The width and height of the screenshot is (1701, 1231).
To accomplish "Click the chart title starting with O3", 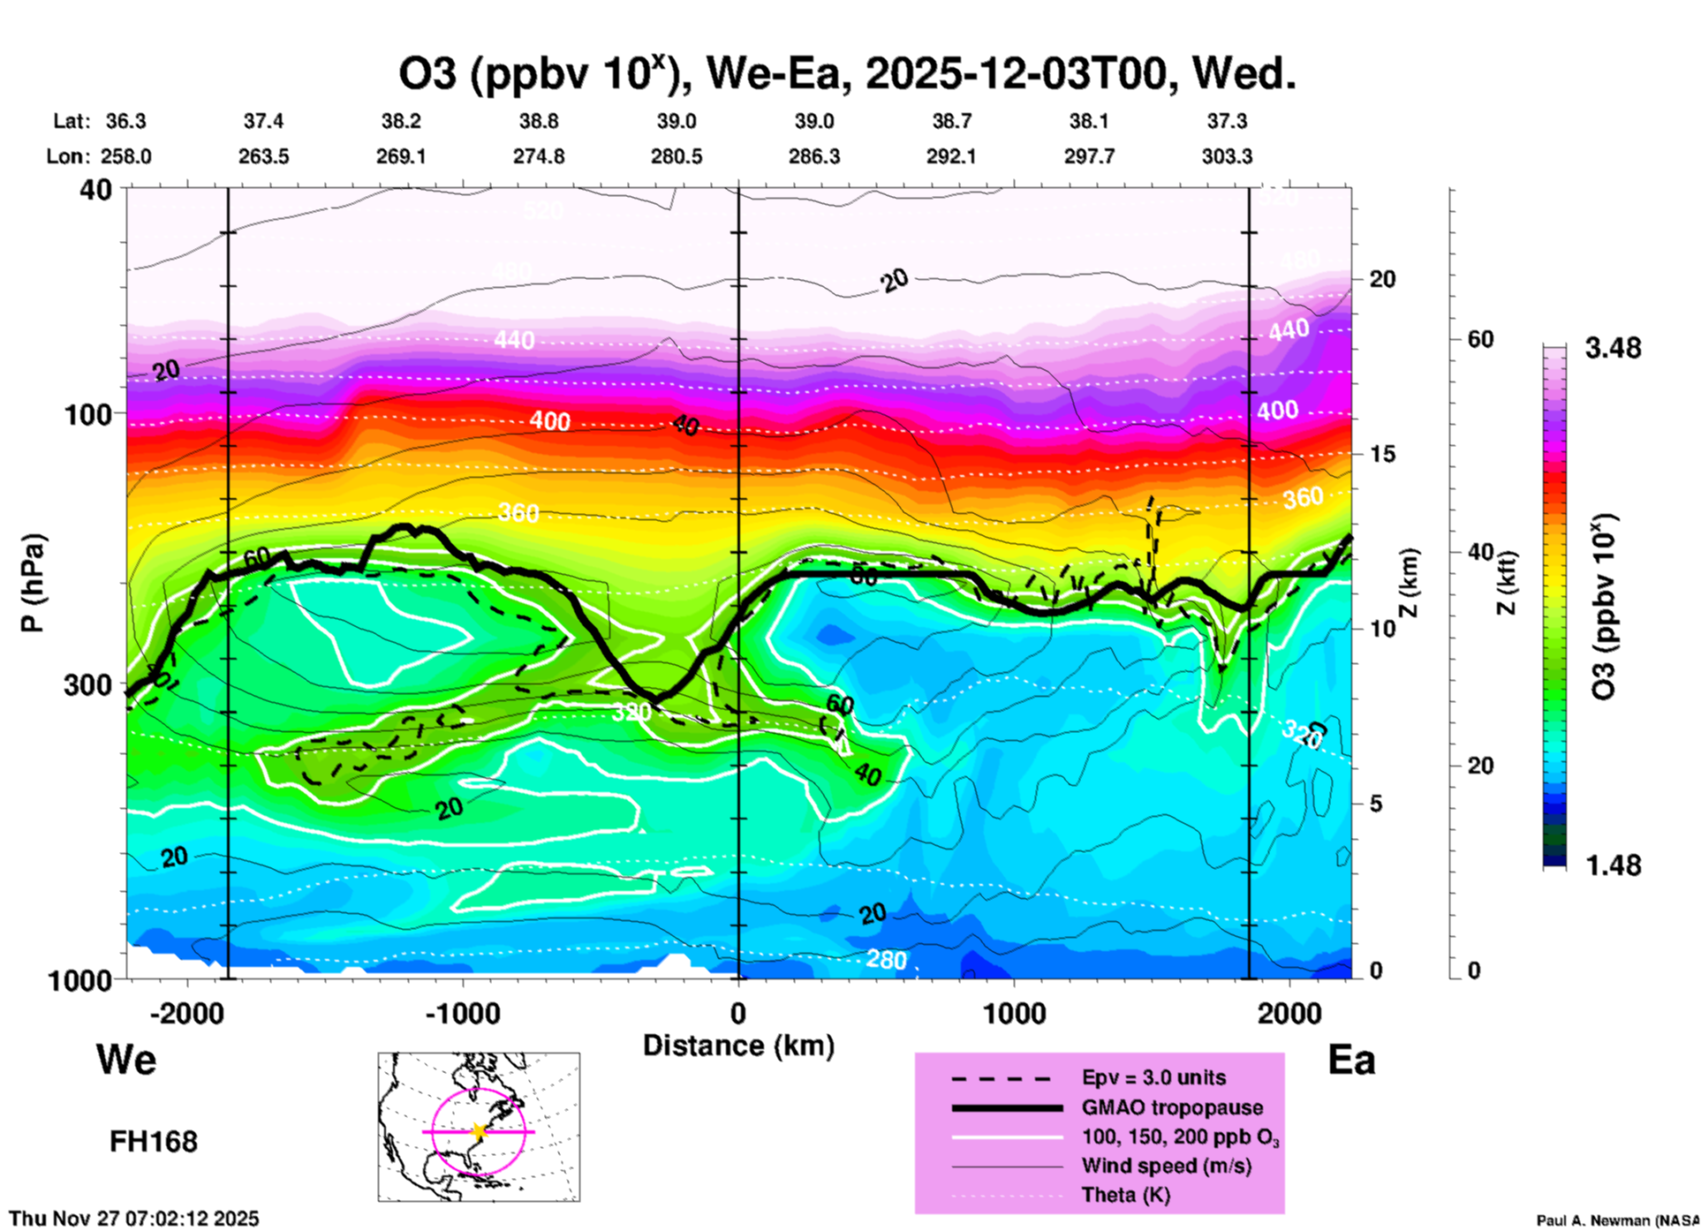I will coord(846,74).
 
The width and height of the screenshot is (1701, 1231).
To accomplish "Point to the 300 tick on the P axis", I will coord(88,685).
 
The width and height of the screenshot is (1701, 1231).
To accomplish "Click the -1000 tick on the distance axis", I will coord(462,1014).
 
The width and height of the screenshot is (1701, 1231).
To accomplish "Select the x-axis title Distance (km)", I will coord(738,1046).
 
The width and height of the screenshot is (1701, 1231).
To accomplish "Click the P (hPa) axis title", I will coord(33,583).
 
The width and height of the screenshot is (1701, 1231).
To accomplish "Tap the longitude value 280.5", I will coord(677,156).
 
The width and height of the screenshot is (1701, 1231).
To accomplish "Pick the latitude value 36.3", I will coord(125,121).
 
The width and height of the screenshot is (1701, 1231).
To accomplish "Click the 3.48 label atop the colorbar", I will coord(1613,349).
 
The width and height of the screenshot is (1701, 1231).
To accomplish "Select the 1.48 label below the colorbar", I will coord(1613,865).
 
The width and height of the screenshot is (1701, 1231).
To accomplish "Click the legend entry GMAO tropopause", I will coord(1172,1107).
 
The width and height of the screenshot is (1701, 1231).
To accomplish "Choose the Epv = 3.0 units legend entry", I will coord(1153,1077).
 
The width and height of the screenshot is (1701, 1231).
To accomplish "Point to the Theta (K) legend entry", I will coord(1125,1195).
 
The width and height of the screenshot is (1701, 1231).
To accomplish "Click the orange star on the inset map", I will coord(479,1131).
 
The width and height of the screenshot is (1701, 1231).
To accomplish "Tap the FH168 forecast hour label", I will coord(154,1142).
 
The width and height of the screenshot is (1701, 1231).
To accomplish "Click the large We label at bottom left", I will coord(126,1060).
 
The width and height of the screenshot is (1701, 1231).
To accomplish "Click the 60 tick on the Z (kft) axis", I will coord(1480,339).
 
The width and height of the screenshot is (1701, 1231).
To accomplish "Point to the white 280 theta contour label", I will coord(886,960).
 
